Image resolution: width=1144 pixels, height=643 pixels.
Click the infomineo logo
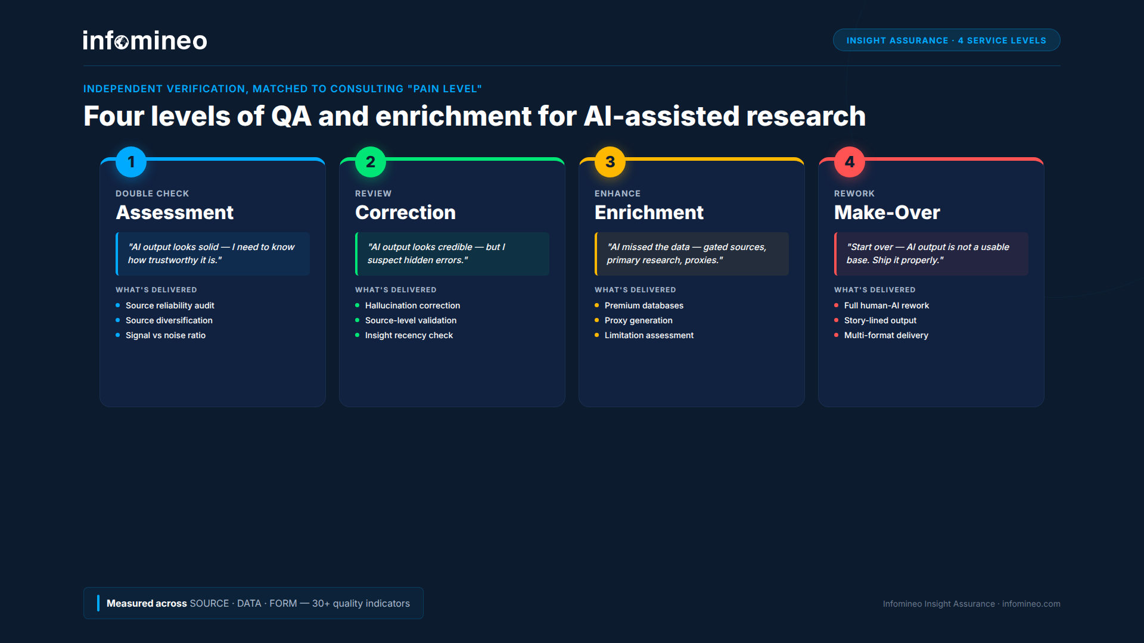pos(145,40)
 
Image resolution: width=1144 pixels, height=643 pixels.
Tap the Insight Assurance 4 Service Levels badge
pos(946,40)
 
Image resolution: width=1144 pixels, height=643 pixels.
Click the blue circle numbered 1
pos(131,162)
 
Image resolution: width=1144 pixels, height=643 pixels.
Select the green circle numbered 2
pos(371,162)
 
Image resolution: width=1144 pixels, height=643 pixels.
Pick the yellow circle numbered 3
pos(610,162)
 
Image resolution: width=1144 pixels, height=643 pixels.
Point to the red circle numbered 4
pos(850,162)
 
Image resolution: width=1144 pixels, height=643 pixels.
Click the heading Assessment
pos(175,213)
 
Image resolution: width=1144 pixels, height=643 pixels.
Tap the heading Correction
pos(405,213)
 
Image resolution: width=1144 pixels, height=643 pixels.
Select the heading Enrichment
pos(649,213)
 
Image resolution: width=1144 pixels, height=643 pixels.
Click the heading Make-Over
pos(887,213)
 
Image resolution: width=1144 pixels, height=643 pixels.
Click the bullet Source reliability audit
pos(170,305)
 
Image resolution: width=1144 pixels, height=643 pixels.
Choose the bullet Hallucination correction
pos(412,305)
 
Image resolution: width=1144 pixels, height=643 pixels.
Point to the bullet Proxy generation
pos(638,320)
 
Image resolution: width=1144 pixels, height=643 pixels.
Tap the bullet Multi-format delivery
pos(886,335)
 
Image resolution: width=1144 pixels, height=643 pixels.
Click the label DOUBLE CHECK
pos(152,193)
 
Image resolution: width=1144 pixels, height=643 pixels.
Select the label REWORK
pos(854,193)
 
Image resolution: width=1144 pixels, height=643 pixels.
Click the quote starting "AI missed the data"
pos(686,254)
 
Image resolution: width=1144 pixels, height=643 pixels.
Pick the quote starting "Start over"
pos(927,254)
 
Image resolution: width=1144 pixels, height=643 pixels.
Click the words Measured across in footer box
pos(147,603)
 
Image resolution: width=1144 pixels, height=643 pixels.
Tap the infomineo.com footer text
pos(1031,604)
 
